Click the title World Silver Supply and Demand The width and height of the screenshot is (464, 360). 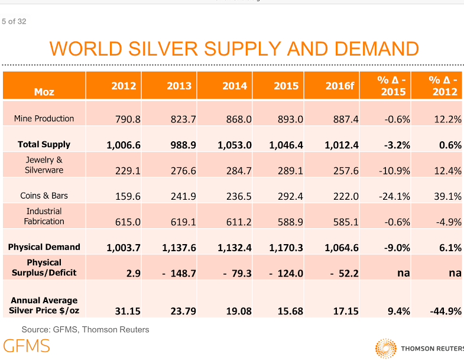[x=234, y=48]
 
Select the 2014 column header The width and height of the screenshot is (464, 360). [x=234, y=86]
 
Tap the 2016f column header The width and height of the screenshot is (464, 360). [x=339, y=86]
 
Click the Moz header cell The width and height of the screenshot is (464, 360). [x=44, y=92]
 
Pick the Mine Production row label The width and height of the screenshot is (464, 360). [x=44, y=119]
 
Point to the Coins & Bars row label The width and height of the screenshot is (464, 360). [x=44, y=196]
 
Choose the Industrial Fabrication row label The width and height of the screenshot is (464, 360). [x=44, y=216]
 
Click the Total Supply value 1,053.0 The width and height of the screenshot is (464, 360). [x=235, y=145]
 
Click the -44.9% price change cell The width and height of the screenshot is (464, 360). [x=444, y=311]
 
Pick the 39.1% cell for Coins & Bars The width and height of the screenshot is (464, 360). [x=447, y=196]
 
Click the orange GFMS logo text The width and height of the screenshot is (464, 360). [x=27, y=346]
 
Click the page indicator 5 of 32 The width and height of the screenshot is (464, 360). [x=14, y=22]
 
